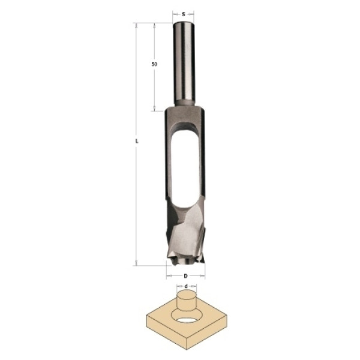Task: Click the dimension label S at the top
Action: pos(184,14)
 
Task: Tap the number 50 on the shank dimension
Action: pos(154,64)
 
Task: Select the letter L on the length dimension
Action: pos(137,141)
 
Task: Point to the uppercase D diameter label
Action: pos(186,276)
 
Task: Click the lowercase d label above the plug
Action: pos(186,286)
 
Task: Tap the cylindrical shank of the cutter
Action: pos(184,64)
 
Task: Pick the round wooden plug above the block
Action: pos(187,301)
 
